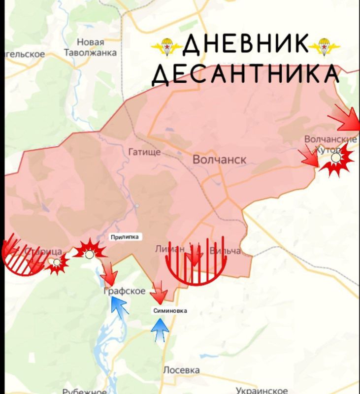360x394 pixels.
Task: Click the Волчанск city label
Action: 219,160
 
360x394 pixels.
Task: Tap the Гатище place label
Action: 144,152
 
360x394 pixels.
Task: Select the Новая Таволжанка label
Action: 91,48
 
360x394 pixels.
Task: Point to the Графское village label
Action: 125,292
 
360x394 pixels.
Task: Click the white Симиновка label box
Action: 170,311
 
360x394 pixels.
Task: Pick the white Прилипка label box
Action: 125,237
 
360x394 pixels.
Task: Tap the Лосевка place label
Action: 181,370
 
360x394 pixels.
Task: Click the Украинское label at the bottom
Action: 262,390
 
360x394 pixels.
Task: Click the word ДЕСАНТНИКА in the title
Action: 245,74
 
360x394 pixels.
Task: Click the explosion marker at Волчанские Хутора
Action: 336,159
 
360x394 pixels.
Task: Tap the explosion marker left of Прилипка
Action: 89,252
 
